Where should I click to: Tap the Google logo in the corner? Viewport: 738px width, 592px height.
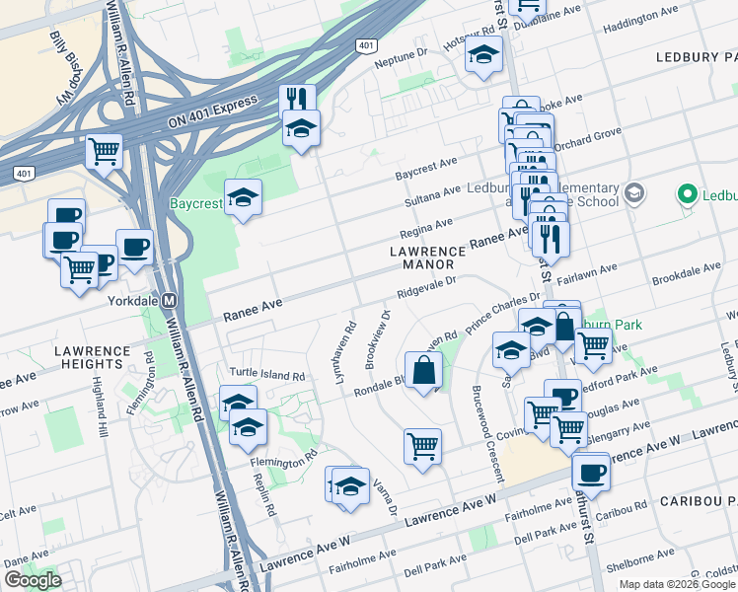click(x=33, y=580)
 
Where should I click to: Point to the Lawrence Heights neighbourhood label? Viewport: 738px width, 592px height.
click(x=92, y=358)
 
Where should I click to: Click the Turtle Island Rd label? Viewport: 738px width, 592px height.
click(x=267, y=374)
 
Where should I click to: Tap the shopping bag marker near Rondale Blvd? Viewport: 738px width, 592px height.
click(x=423, y=371)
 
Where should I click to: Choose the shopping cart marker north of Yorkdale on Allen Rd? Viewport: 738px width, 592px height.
click(x=104, y=152)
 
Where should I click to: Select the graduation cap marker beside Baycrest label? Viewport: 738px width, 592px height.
click(x=243, y=197)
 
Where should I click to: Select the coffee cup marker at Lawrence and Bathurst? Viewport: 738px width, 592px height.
click(x=591, y=471)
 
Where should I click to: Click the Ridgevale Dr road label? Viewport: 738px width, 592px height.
click(x=425, y=287)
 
